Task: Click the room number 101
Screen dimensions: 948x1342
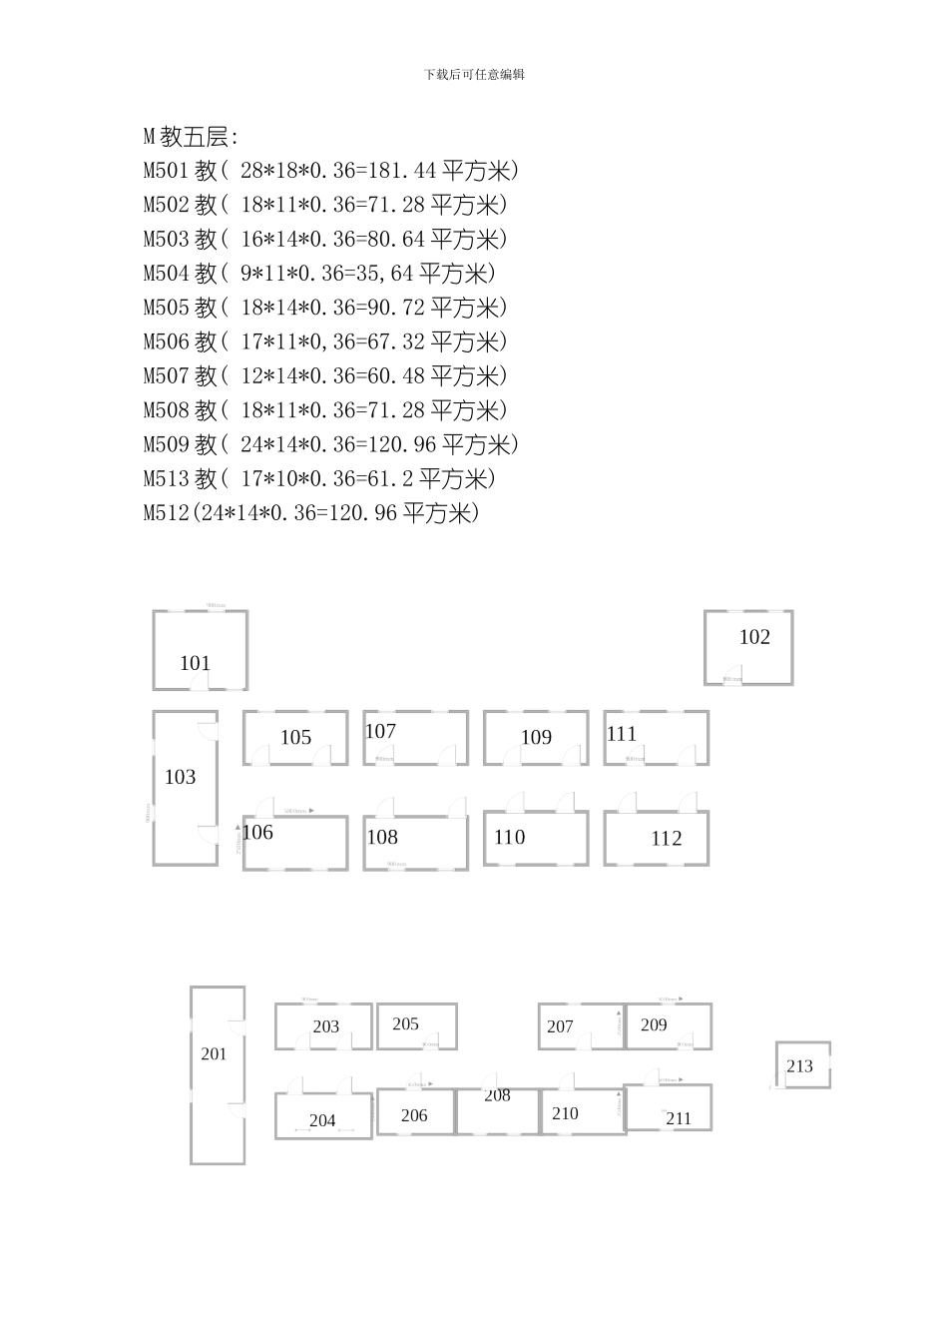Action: [x=196, y=663]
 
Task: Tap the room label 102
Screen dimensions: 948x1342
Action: [x=754, y=637]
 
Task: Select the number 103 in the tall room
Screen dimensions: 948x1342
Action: [x=181, y=777]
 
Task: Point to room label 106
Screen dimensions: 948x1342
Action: [x=257, y=832]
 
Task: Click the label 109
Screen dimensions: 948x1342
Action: [x=536, y=737]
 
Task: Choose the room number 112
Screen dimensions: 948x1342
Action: [x=667, y=839]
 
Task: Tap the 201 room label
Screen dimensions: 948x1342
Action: [x=215, y=1053]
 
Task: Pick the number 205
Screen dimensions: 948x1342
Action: [x=406, y=1023]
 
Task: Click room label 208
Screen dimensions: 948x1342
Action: [x=498, y=1095]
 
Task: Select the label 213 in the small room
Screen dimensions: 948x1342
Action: [x=800, y=1066]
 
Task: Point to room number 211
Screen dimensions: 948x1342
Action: [x=679, y=1118]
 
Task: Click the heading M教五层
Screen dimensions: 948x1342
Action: [x=192, y=137]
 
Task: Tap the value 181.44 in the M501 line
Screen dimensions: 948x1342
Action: [x=403, y=171]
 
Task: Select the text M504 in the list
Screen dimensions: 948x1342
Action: [x=167, y=274]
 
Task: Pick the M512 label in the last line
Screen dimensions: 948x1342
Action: [x=167, y=513]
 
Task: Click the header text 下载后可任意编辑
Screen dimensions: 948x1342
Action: [x=474, y=74]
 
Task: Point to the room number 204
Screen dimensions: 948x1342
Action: [x=322, y=1120]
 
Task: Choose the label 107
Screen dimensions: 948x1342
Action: [x=380, y=731]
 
